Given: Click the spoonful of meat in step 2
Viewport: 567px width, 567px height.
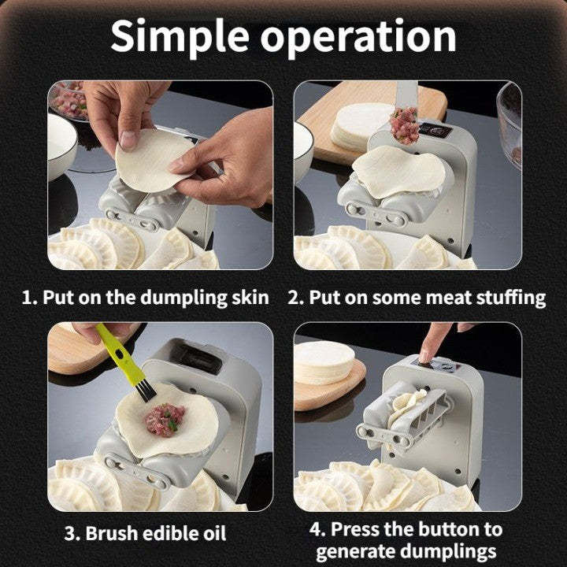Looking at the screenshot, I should click(405, 124).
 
